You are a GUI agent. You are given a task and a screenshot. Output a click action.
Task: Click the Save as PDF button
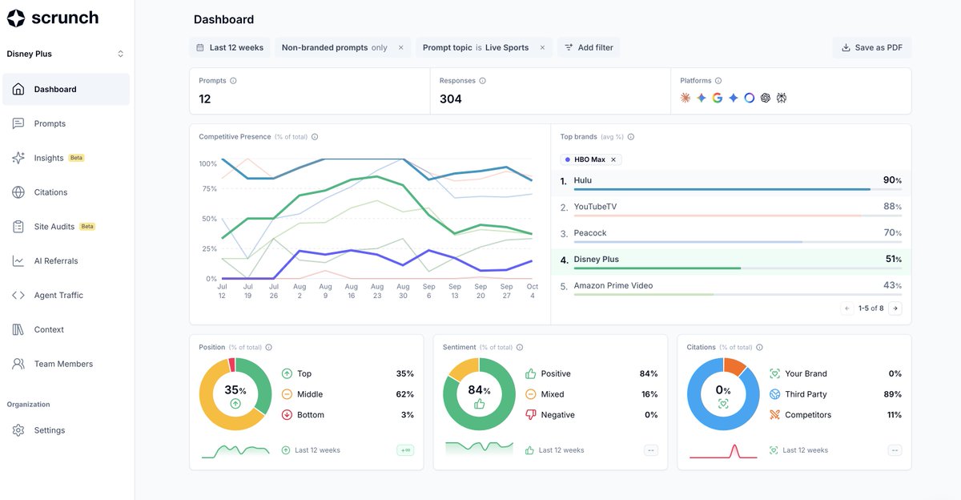[x=872, y=47]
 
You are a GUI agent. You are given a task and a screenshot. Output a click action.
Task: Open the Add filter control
[x=589, y=47]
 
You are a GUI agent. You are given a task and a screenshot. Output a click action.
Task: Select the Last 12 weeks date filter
[x=230, y=47]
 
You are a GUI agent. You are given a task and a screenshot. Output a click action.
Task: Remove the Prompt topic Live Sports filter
[x=542, y=47]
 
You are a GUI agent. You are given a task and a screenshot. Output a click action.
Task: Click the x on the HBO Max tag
[x=613, y=159]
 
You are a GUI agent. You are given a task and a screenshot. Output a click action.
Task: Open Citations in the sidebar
[x=50, y=192]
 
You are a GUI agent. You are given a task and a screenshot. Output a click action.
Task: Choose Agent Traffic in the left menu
[x=58, y=296]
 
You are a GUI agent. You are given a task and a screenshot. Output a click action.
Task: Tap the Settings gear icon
[x=18, y=430]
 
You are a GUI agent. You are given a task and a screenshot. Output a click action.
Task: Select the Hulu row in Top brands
[x=730, y=182]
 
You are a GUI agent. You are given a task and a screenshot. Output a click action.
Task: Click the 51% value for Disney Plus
[x=893, y=260]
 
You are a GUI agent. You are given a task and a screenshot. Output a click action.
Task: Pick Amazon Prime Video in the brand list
[x=613, y=286]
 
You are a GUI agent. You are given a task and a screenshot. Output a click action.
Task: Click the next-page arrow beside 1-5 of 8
[x=895, y=308]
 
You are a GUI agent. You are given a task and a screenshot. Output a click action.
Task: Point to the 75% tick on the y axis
[x=209, y=189]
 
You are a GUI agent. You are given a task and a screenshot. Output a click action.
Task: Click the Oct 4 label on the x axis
[x=533, y=291]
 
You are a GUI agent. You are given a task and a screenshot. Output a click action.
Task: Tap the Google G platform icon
[x=718, y=98]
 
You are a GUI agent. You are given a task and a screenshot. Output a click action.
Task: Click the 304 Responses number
[x=450, y=99]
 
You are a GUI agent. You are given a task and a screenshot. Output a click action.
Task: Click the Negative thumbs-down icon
[x=531, y=414]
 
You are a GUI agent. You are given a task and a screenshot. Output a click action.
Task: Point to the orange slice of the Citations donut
[x=734, y=366]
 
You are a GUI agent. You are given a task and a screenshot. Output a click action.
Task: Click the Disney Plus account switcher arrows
[x=121, y=54]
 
